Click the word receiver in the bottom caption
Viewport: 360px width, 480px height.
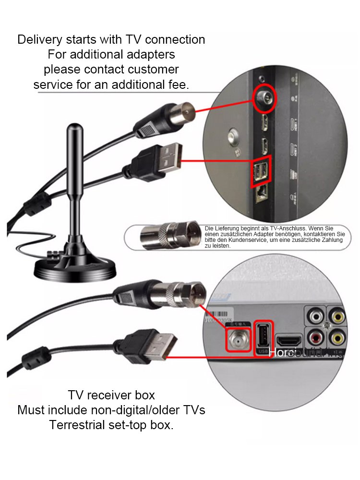(x=112, y=396)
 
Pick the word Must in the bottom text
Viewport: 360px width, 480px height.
(x=31, y=410)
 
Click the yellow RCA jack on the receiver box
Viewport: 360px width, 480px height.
(x=338, y=316)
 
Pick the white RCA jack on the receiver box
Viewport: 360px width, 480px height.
(x=316, y=316)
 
